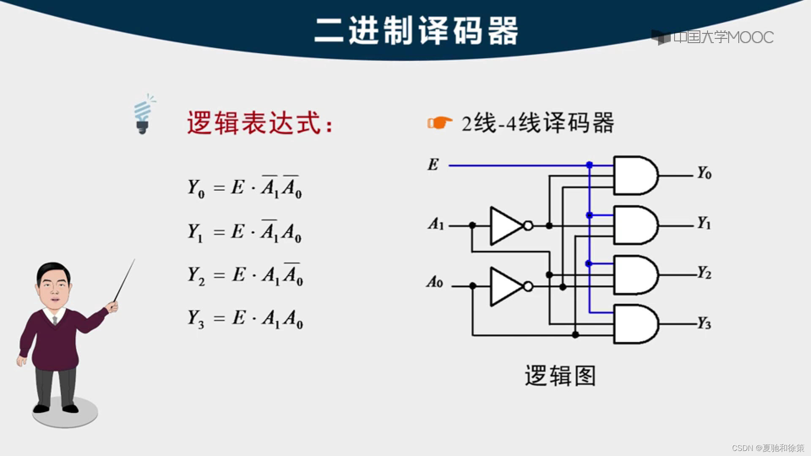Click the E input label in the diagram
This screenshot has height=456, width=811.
[433, 164]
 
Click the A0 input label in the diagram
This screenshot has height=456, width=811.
[435, 282]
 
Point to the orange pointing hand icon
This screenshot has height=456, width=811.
[439, 123]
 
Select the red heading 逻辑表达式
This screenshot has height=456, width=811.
[260, 123]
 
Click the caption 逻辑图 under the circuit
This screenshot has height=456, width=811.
[560, 376]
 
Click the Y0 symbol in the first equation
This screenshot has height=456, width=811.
[196, 187]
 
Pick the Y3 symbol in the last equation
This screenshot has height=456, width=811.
[196, 318]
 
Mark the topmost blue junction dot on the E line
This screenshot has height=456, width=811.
[589, 165]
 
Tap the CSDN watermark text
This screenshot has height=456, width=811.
[767, 448]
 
